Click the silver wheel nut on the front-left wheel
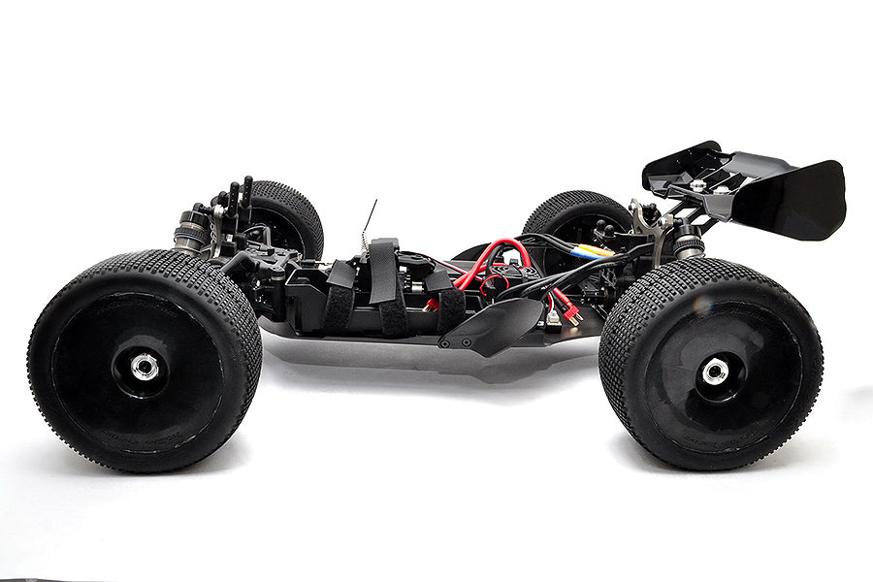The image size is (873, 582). [145, 366]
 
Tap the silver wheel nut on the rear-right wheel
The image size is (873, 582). [715, 371]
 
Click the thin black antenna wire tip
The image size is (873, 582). [374, 203]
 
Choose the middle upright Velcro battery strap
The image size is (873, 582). [385, 286]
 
